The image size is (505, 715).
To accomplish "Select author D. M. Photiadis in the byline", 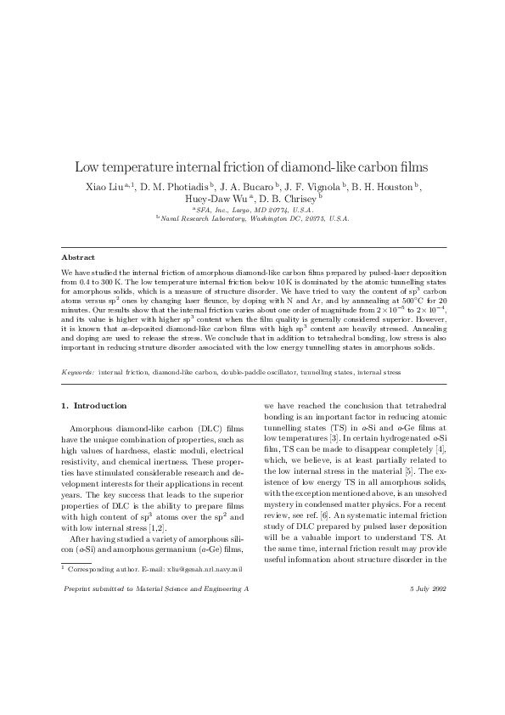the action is click(x=173, y=187).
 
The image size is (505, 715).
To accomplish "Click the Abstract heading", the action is click(x=77, y=256).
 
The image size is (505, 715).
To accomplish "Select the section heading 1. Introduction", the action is click(x=94, y=405).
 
